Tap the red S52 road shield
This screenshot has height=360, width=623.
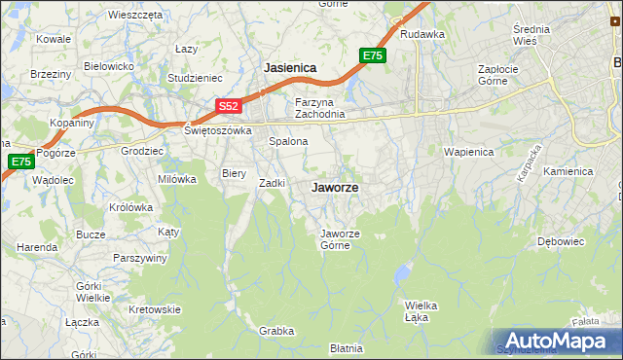tap(227, 105)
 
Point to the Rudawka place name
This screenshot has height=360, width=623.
tap(422, 34)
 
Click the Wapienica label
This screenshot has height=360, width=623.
tap(469, 152)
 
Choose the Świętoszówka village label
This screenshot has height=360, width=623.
tap(219, 130)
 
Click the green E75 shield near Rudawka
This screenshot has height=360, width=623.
tap(372, 56)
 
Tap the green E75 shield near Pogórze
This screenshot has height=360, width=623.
tap(19, 162)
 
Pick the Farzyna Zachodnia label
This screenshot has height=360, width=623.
tap(320, 107)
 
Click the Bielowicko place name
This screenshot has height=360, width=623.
tap(108, 66)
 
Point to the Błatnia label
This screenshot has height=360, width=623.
tap(346, 347)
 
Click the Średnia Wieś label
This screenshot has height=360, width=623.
tap(531, 35)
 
